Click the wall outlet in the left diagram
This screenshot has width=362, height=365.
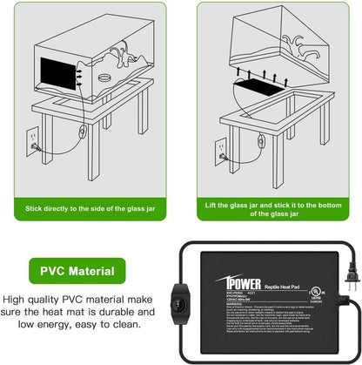32,136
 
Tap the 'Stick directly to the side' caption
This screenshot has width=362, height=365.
92,210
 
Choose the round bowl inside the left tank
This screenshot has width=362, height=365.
105,81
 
